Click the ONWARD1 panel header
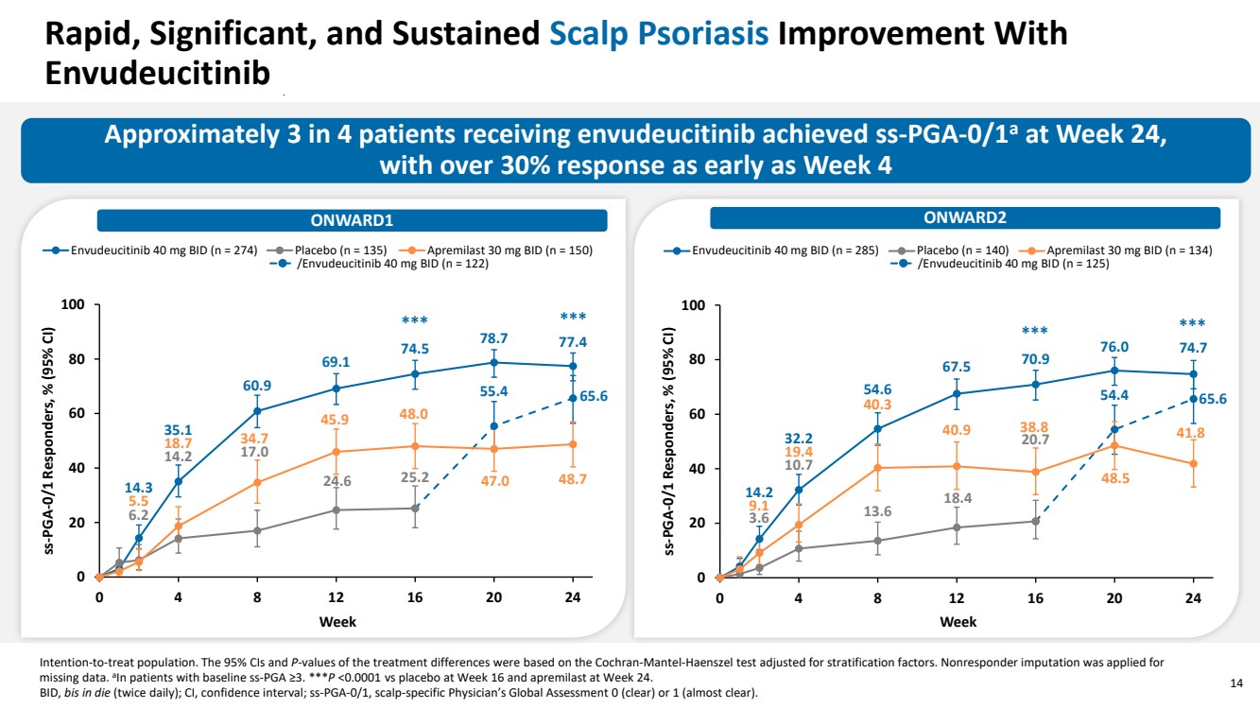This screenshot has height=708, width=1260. (x=352, y=220)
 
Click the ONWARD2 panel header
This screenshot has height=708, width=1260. (x=965, y=218)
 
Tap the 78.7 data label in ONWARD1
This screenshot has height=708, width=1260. (x=492, y=338)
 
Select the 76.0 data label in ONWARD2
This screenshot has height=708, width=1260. (x=1114, y=347)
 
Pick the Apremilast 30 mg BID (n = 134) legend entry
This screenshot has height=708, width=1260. (x=1121, y=250)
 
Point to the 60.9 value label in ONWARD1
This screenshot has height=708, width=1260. (x=256, y=386)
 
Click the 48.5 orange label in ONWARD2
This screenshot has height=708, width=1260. (x=1114, y=479)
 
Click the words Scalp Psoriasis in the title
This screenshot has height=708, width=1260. (x=659, y=35)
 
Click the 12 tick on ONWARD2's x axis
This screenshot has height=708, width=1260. (x=957, y=597)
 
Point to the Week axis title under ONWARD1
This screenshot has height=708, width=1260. (x=337, y=622)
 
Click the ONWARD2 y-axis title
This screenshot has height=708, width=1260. (x=670, y=440)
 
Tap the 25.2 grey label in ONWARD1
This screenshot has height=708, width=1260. (x=414, y=477)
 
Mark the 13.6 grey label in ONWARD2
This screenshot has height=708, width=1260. (x=877, y=511)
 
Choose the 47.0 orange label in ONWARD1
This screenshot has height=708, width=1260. (x=492, y=481)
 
